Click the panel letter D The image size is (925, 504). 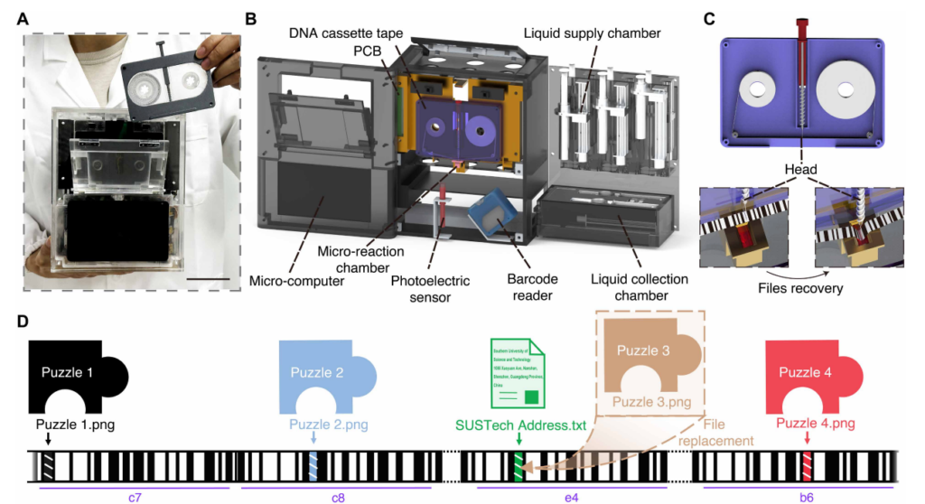pos(26,322)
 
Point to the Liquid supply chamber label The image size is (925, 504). pos(592,33)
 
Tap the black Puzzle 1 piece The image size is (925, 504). pos(76,376)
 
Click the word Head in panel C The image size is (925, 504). pos(802,169)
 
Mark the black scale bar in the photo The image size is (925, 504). pos(209,279)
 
